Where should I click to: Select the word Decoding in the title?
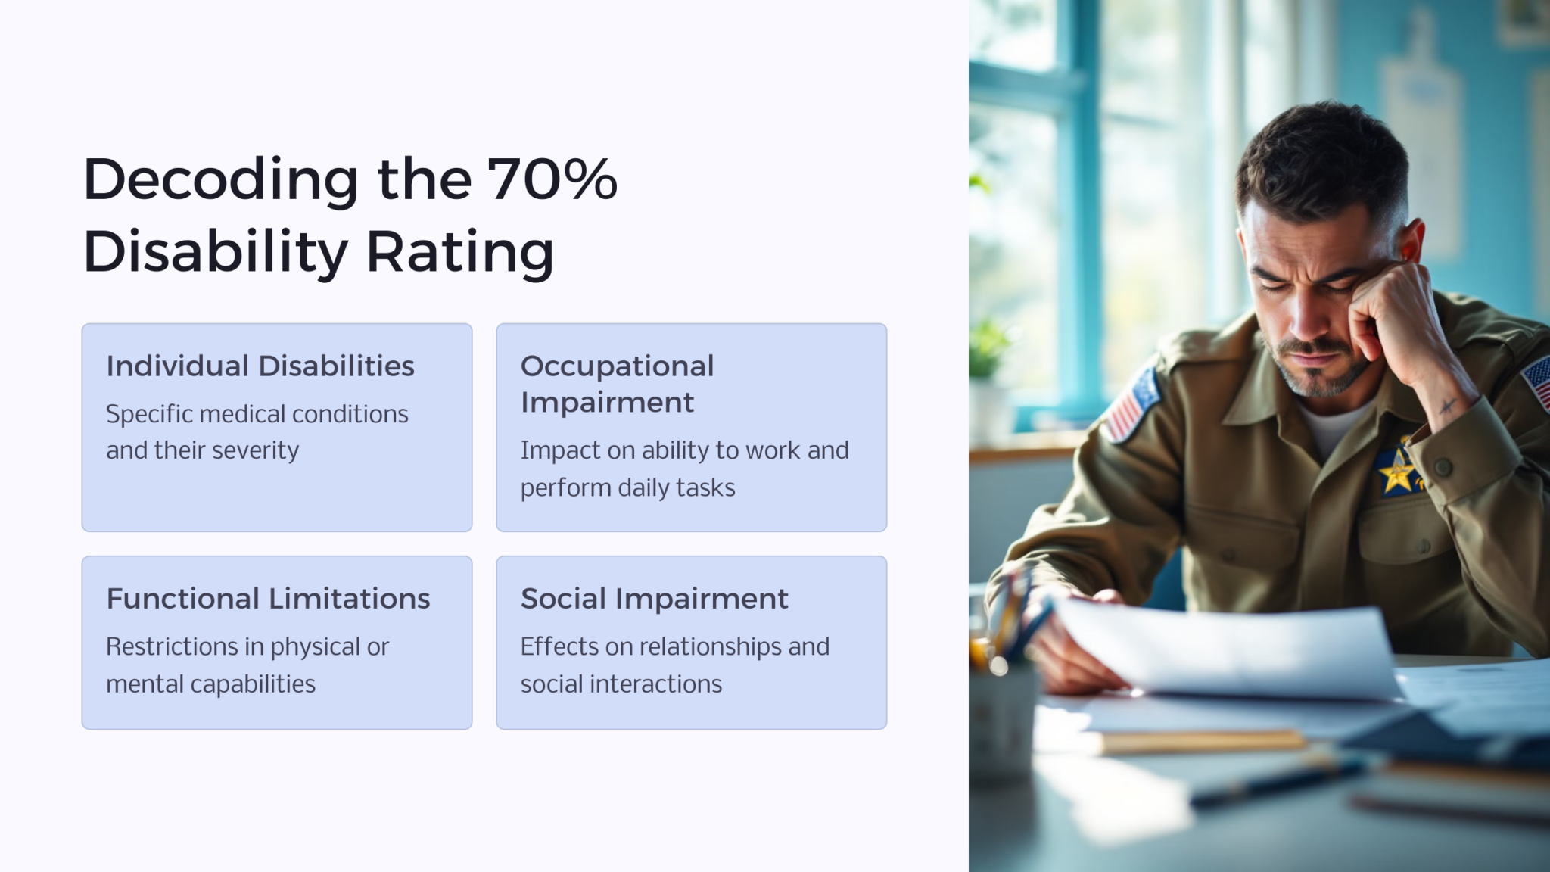coord(220,181)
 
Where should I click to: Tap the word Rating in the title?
coord(460,252)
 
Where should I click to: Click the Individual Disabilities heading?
coord(260,366)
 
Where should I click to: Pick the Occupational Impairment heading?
coord(617,384)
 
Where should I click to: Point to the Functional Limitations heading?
coord(268,599)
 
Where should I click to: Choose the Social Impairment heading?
coord(654,599)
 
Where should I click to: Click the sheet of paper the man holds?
coord(1226,648)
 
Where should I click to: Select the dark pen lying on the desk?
coord(1279,780)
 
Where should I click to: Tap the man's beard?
coord(1321,371)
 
